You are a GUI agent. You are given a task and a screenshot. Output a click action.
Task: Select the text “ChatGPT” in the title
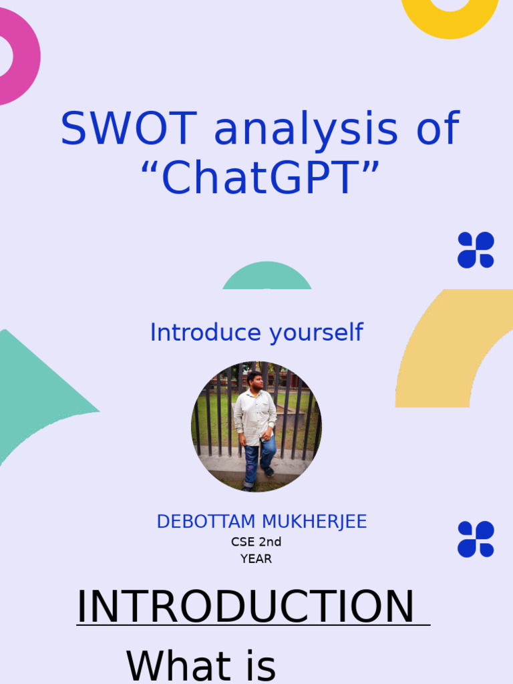(x=260, y=178)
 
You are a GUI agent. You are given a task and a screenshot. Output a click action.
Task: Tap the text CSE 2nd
(x=256, y=542)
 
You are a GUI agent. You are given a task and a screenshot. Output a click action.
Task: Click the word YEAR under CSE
(x=256, y=559)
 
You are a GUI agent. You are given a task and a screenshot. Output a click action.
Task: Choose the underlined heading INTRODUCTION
(x=246, y=607)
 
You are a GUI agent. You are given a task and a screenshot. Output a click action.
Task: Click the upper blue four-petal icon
(x=476, y=250)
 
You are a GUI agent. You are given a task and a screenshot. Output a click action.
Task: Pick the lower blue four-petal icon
(x=476, y=539)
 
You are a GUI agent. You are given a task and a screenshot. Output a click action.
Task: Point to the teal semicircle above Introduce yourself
(x=267, y=278)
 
